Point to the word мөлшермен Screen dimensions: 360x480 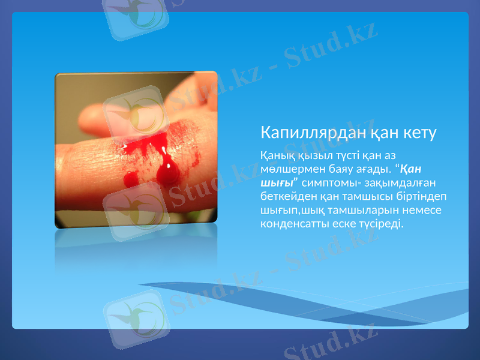click(287, 169)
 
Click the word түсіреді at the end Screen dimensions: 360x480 click(383, 224)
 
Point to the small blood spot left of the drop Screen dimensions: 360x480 click(130, 179)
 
